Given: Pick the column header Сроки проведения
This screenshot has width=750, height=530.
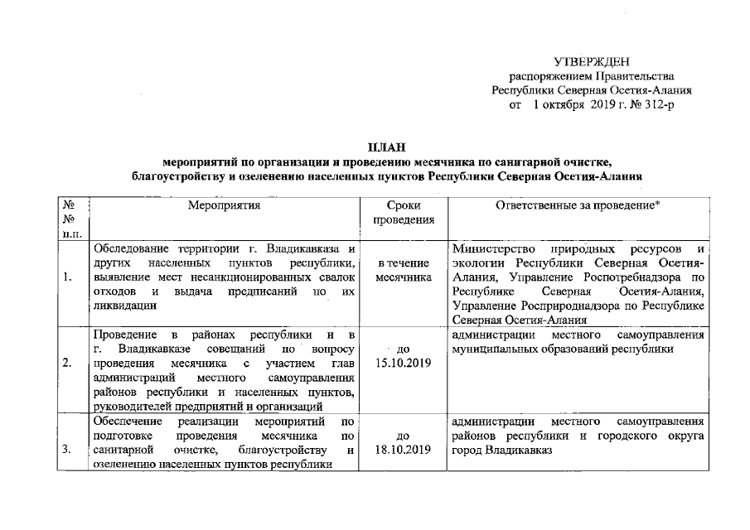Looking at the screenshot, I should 404,213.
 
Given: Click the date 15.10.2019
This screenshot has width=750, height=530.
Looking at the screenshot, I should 404,364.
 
